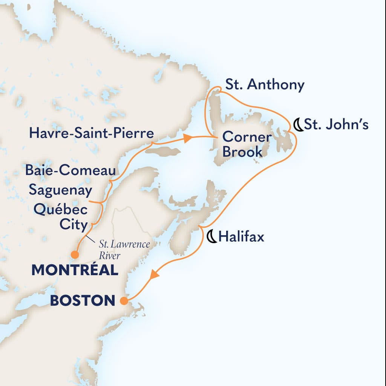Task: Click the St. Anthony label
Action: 264,85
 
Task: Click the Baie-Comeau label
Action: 70,171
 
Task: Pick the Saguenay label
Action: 60,190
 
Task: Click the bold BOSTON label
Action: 83,301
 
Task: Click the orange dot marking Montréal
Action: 75,255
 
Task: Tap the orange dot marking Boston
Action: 123,301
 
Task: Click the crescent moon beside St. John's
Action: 298,124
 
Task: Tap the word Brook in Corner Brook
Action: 242,152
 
